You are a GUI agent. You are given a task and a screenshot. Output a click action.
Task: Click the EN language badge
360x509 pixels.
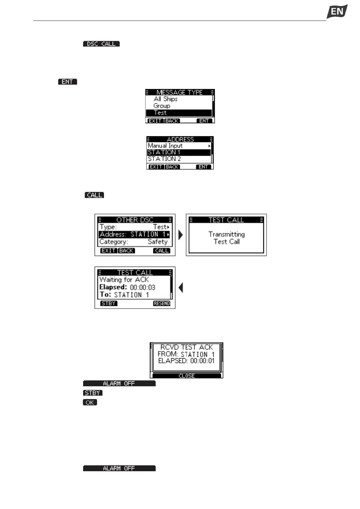click(x=337, y=12)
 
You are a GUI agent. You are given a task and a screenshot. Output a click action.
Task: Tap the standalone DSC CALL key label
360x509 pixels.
click(x=101, y=44)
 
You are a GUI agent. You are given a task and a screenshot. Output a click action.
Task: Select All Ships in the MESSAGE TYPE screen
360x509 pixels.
click(x=165, y=99)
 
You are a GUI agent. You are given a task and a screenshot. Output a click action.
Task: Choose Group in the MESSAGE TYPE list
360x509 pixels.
click(x=162, y=106)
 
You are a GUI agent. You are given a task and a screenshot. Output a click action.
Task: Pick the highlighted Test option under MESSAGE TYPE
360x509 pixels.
click(x=160, y=113)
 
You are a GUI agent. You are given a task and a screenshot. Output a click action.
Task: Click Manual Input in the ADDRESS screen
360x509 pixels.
click(x=165, y=146)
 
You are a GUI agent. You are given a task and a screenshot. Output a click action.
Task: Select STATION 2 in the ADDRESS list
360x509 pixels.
click(x=164, y=159)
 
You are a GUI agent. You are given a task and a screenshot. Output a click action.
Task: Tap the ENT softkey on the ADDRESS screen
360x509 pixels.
click(x=203, y=167)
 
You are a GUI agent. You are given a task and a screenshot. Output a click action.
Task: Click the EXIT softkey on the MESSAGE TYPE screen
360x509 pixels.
click(x=155, y=121)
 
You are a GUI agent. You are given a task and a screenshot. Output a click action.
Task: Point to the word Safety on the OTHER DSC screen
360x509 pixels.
click(x=157, y=242)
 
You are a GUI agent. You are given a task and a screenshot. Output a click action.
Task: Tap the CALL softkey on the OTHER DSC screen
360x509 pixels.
click(x=162, y=251)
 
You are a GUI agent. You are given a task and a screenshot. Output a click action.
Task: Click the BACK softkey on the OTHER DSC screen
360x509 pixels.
click(x=126, y=251)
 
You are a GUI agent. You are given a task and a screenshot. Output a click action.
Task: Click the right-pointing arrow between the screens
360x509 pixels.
click(x=181, y=235)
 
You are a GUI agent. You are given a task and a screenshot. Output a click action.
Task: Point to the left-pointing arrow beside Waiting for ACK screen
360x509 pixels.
click(x=181, y=287)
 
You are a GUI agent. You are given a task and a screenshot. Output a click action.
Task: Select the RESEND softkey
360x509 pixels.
click(x=162, y=303)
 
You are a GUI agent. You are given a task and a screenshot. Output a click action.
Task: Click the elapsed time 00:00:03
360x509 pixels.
click(x=142, y=287)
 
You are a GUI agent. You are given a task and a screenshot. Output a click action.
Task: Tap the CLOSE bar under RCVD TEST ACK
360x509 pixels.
click(x=186, y=376)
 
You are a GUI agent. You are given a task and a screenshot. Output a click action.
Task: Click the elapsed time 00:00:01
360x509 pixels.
click(x=202, y=361)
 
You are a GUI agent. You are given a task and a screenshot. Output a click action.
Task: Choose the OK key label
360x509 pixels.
click(x=90, y=402)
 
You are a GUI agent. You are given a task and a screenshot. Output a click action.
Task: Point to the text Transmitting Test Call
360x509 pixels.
click(x=226, y=238)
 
